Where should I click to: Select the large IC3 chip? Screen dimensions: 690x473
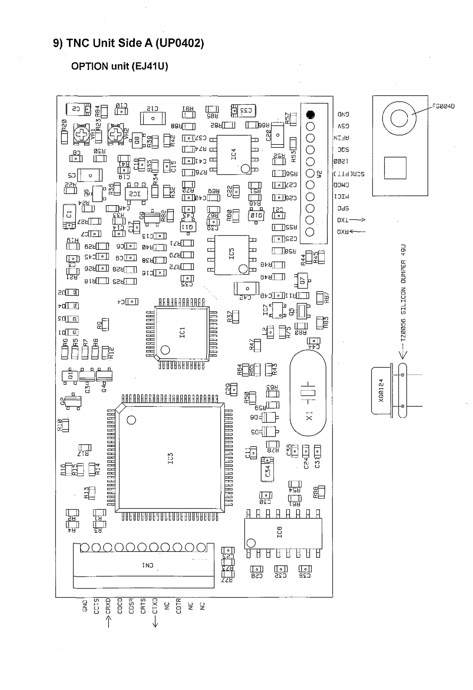point(170,458)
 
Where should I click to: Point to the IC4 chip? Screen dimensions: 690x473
point(234,154)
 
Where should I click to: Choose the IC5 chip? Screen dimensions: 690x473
point(232,254)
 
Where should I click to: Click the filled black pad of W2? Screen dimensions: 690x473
point(311,115)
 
